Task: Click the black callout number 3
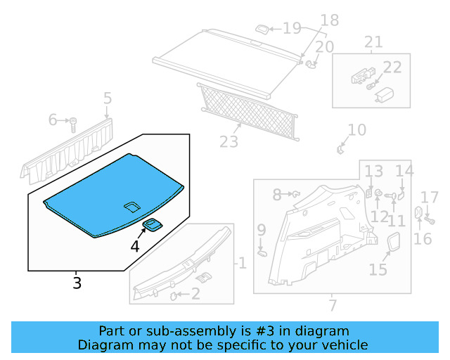pyautogui.click(x=77, y=283)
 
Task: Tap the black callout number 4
pyautogui.click(x=135, y=246)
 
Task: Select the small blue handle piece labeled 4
pyautogui.click(x=153, y=224)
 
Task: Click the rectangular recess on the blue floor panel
pyautogui.click(x=132, y=207)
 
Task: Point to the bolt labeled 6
pyautogui.click(x=73, y=124)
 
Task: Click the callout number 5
pyautogui.click(x=108, y=98)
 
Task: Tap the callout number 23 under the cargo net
pyautogui.click(x=229, y=141)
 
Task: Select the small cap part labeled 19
pyautogui.click(x=262, y=29)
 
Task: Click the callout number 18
pyautogui.click(x=330, y=20)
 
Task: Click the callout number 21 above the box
pyautogui.click(x=373, y=42)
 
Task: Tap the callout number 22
pyautogui.click(x=392, y=67)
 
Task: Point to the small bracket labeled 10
pyautogui.click(x=340, y=149)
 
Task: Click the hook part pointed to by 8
pyautogui.click(x=296, y=194)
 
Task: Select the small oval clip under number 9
pyautogui.click(x=262, y=253)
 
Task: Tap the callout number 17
pyautogui.click(x=430, y=198)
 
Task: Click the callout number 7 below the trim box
pyautogui.click(x=333, y=305)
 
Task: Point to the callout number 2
pyautogui.click(x=195, y=294)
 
